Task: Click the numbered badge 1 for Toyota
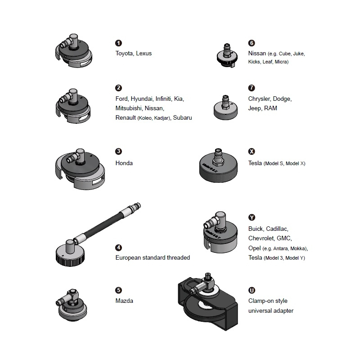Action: click(118, 43)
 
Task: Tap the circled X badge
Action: click(252, 151)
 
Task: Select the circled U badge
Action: click(252, 290)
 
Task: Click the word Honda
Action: click(124, 163)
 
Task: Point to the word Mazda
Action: click(124, 301)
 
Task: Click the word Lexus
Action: click(144, 53)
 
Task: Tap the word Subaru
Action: click(182, 117)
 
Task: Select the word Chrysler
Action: click(260, 99)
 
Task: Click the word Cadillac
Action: click(277, 229)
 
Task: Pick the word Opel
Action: click(255, 248)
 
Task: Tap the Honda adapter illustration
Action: click(80, 169)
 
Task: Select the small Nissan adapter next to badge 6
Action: click(227, 55)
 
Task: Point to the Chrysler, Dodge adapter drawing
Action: click(226, 108)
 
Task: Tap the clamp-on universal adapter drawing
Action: click(208, 301)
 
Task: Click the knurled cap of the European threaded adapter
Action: click(70, 255)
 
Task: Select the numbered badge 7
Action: click(252, 88)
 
